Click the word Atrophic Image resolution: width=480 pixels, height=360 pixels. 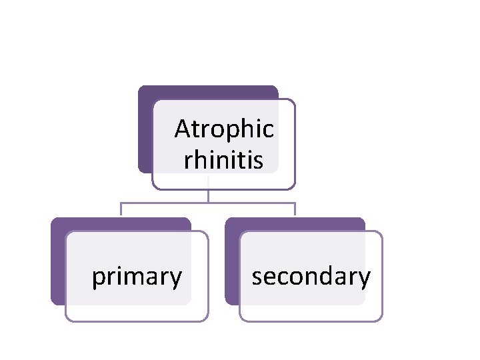[224, 129]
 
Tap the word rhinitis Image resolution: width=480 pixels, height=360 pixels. [224, 160]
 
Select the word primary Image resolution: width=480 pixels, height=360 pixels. [137, 276]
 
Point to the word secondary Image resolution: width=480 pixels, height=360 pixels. [311, 276]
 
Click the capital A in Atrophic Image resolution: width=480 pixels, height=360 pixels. [182, 129]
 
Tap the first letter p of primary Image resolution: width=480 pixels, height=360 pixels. [97, 277]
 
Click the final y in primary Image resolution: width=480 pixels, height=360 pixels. [176, 279]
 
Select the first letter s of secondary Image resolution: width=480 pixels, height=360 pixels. [257, 277]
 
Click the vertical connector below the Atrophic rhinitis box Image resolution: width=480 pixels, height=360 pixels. [209, 195]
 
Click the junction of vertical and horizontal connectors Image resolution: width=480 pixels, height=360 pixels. [209, 202]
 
